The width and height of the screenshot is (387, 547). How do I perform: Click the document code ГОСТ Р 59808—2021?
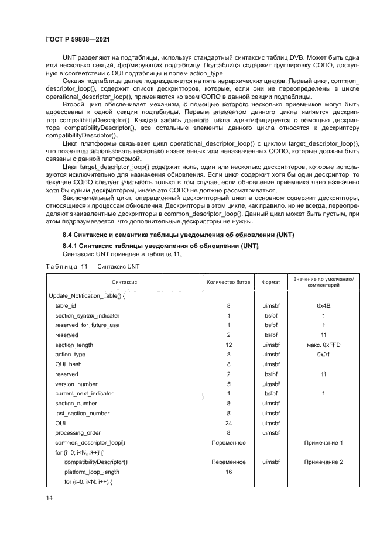point(78,39)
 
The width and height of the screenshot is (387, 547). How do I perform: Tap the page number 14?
point(49,497)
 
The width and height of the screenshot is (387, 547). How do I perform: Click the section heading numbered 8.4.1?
point(156,245)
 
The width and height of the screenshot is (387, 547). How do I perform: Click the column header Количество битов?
point(228,281)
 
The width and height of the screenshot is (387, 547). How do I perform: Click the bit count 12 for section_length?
point(228,345)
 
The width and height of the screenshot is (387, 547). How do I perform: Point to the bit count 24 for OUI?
point(228,422)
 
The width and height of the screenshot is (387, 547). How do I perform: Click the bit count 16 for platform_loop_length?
point(228,472)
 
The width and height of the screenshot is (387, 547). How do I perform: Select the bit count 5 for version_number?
point(228,384)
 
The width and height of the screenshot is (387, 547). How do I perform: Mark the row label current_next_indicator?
point(84,394)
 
